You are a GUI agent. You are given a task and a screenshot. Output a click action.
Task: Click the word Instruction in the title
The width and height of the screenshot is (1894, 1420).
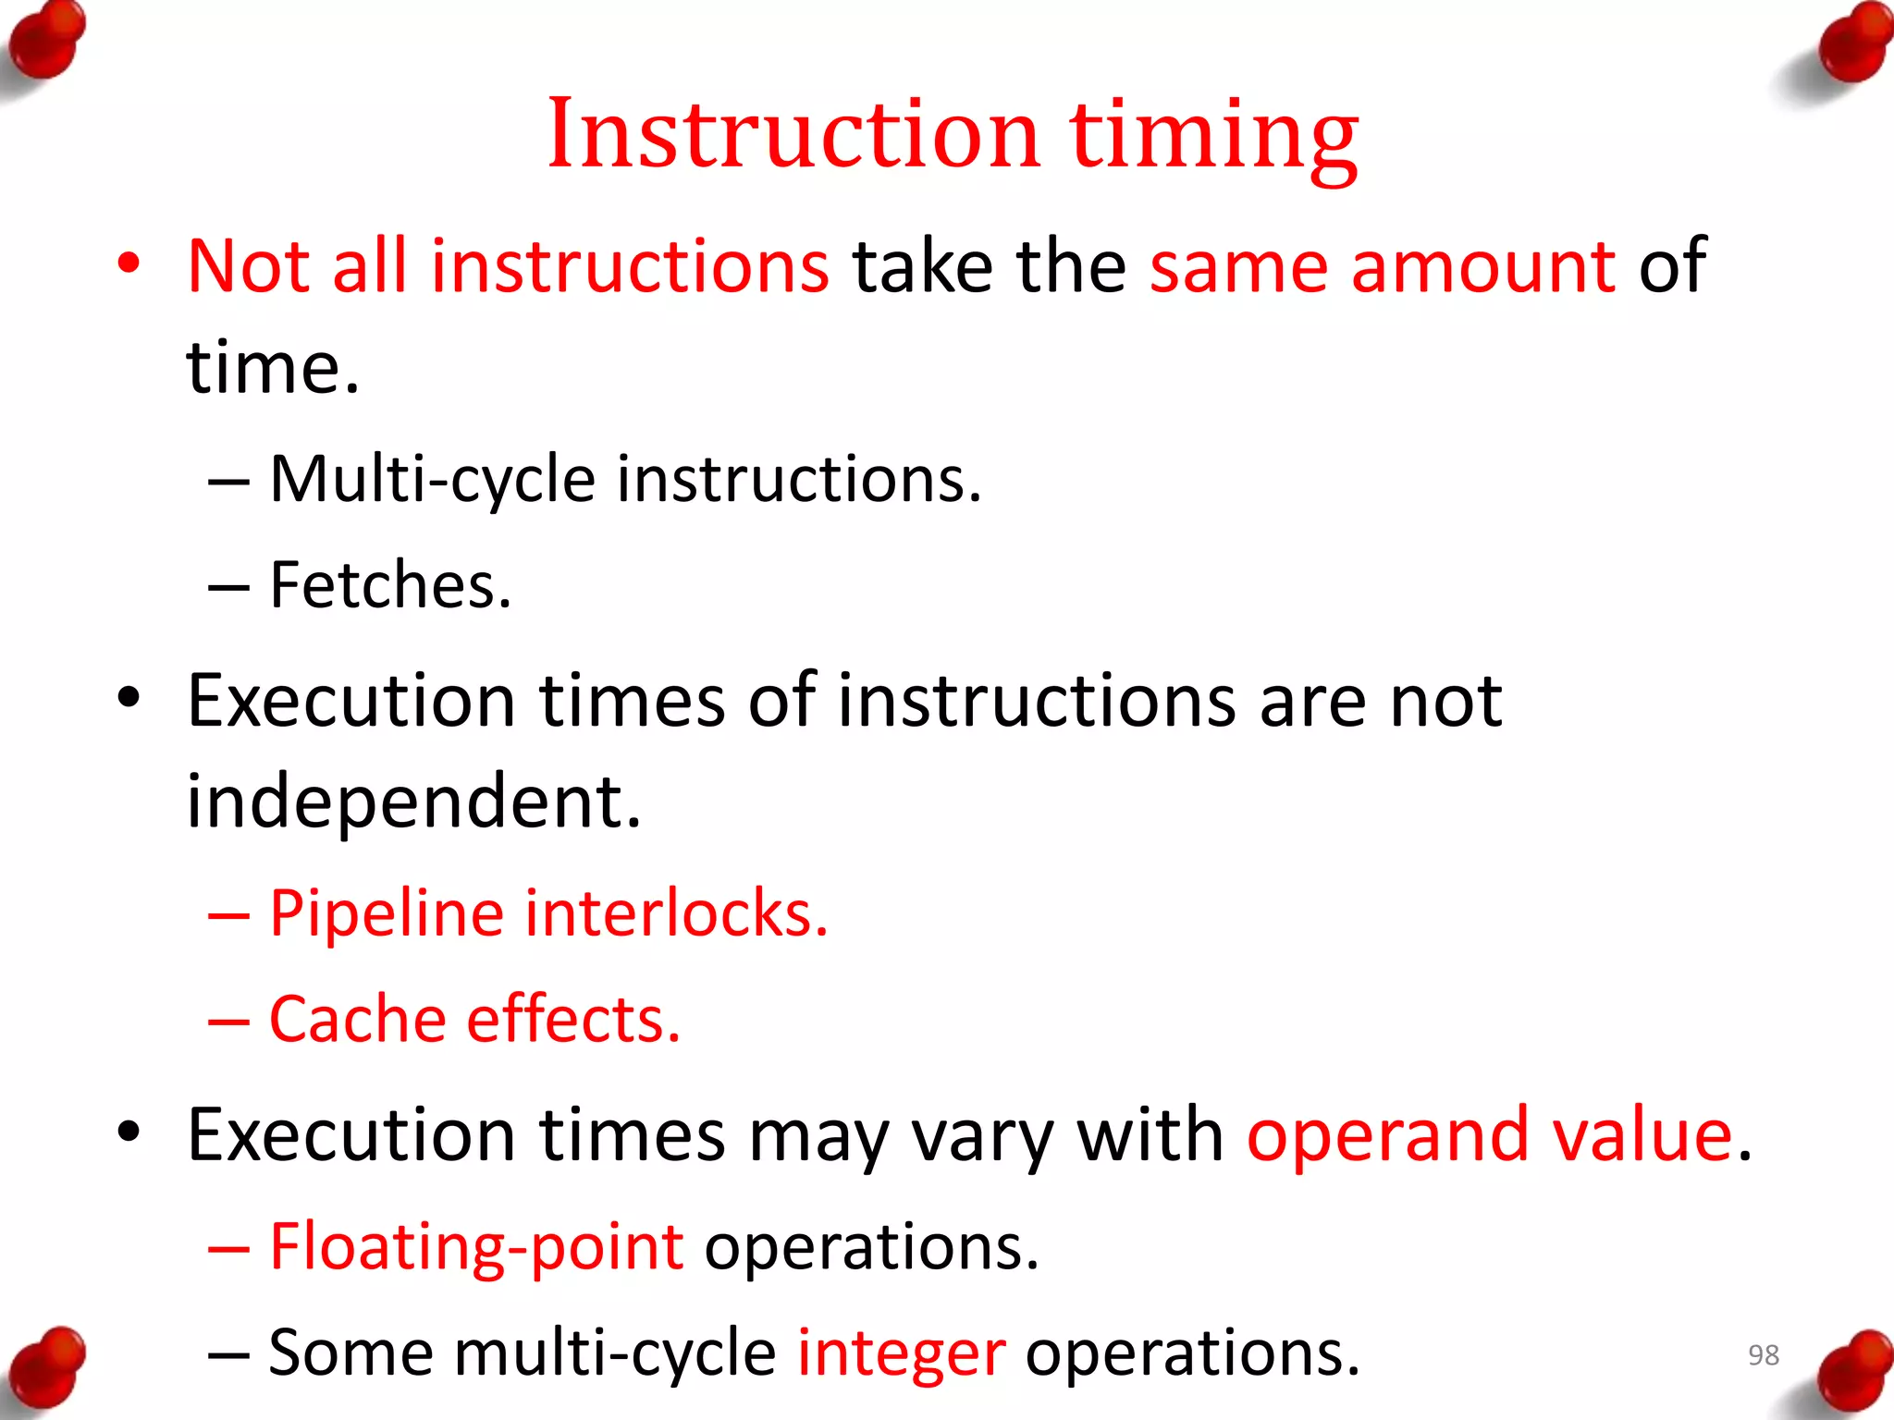click(793, 135)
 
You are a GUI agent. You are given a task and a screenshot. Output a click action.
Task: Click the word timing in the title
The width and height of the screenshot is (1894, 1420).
click(1214, 139)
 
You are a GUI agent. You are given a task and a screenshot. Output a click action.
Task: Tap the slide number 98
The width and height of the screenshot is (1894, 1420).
click(1763, 1354)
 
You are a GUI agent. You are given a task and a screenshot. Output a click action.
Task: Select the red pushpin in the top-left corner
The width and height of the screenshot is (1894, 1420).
click(46, 42)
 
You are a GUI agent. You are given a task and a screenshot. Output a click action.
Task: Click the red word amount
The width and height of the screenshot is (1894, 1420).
click(1483, 266)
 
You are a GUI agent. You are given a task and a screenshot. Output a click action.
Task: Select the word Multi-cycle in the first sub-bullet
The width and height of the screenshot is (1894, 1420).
click(432, 481)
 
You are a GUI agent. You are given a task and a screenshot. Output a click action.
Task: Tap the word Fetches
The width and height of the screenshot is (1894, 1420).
click(389, 586)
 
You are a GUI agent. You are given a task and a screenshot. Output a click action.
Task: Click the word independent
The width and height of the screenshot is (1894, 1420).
click(413, 801)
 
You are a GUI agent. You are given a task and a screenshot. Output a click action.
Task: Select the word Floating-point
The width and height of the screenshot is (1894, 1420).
click(476, 1248)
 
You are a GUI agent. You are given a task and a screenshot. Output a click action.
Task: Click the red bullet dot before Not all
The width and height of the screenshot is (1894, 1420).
click(129, 263)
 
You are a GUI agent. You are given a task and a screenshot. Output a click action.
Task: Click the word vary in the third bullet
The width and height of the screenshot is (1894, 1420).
click(982, 1137)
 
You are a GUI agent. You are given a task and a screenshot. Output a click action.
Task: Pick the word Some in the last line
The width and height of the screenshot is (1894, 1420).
click(351, 1353)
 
